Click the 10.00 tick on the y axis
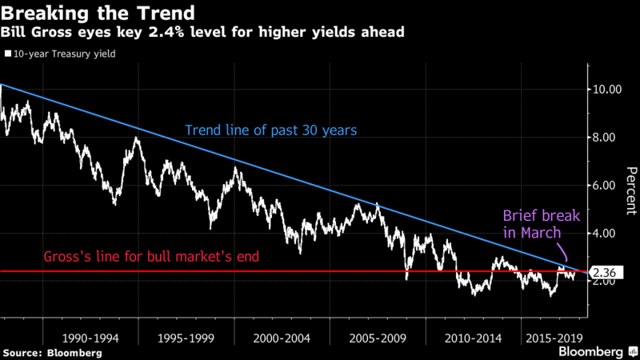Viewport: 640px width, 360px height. (606, 89)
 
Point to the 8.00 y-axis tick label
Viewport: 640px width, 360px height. (606, 137)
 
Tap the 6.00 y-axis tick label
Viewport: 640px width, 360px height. (606, 185)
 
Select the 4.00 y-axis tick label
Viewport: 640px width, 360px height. (606, 233)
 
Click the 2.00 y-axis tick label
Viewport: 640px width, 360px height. (606, 281)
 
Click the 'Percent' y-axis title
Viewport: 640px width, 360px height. (630, 190)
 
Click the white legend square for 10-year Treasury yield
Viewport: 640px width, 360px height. (7, 54)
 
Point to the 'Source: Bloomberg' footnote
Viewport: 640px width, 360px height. (52, 353)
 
